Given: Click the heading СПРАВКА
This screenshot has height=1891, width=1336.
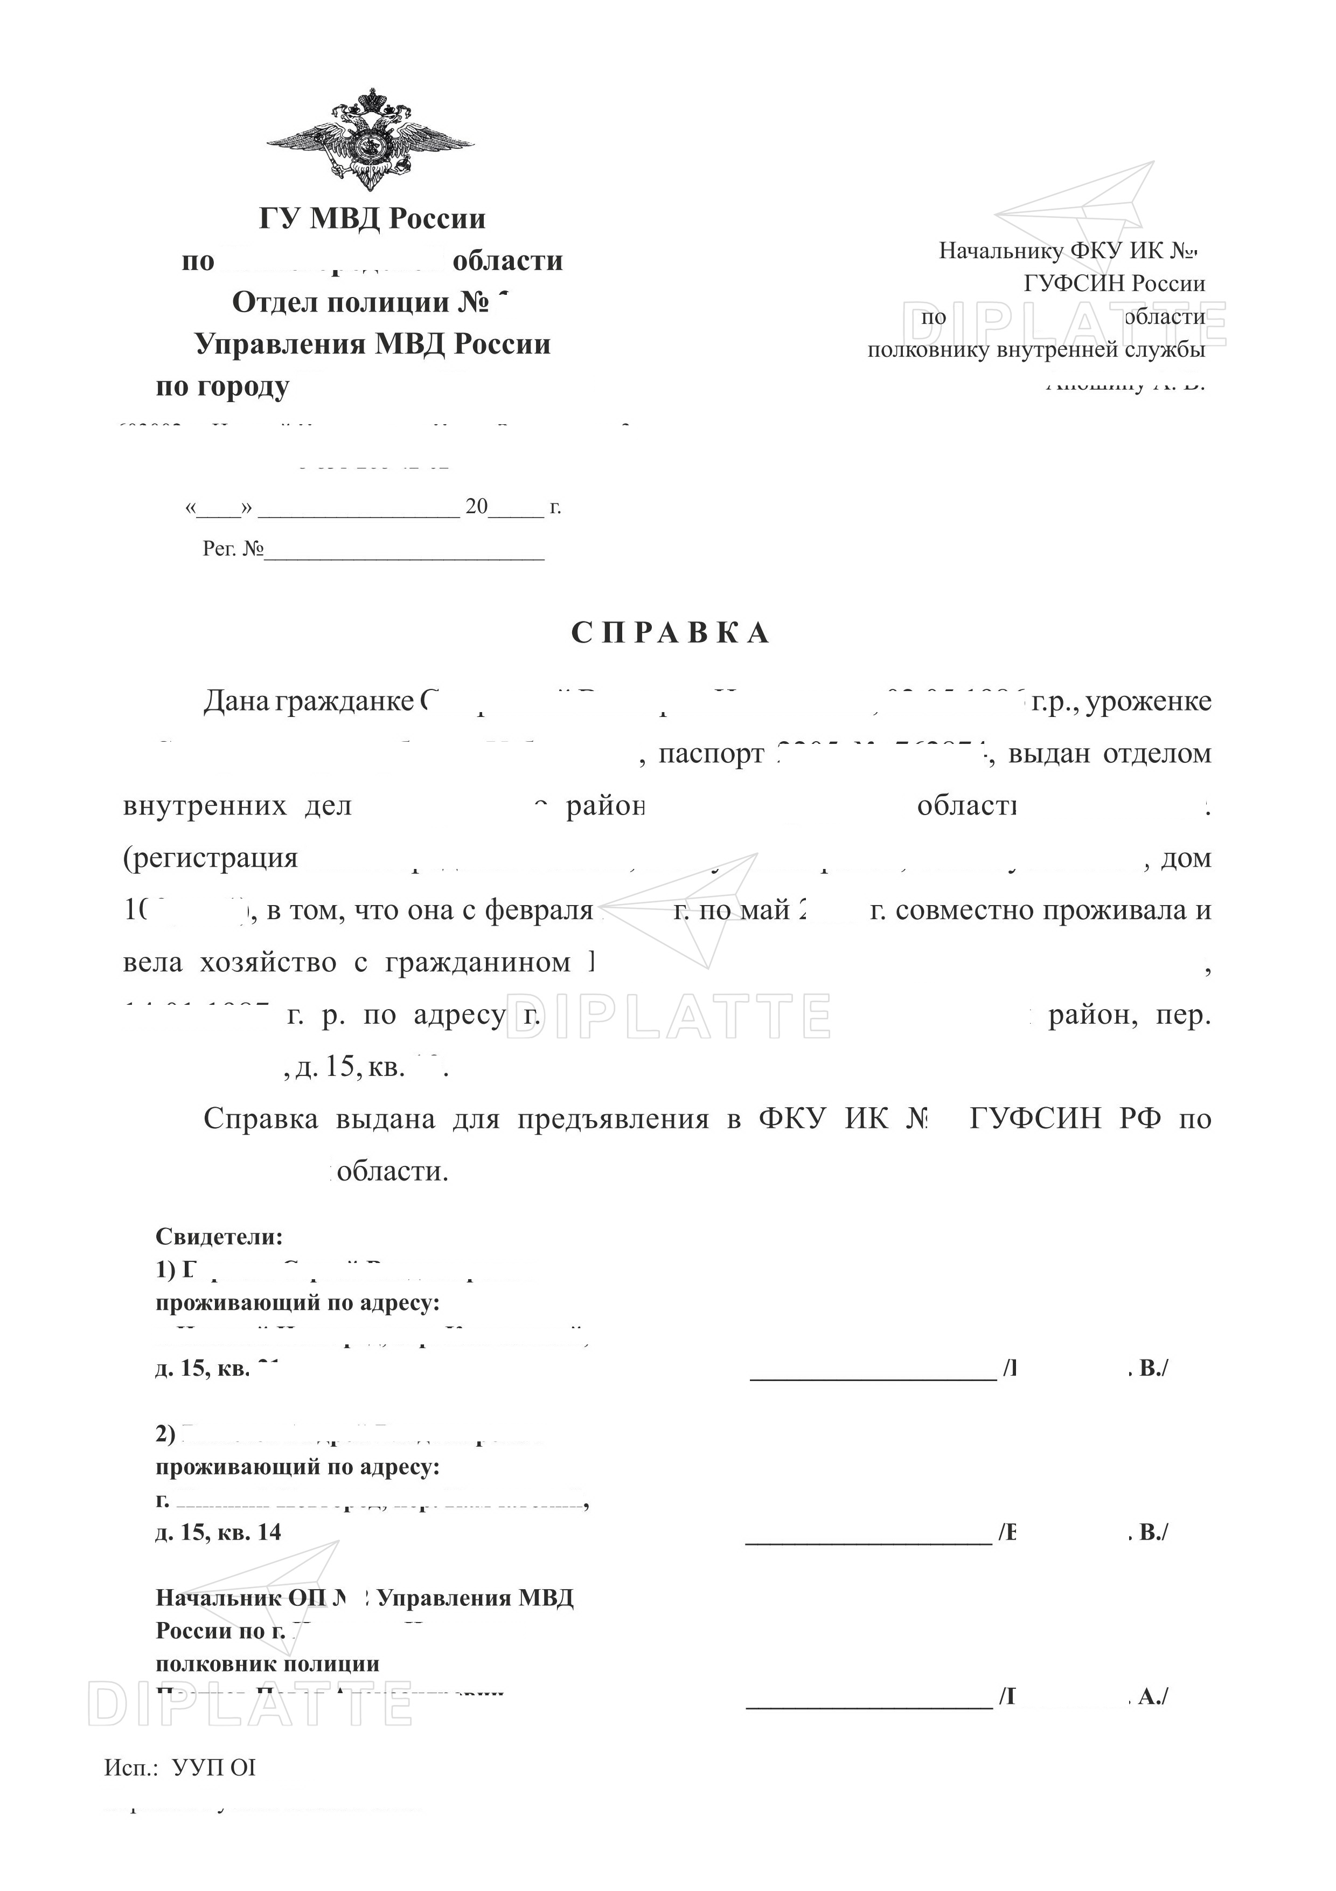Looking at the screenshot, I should click(x=671, y=632).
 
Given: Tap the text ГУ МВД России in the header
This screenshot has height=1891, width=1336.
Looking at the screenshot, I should click(x=372, y=218).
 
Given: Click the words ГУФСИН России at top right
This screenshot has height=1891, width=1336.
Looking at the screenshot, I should click(x=1114, y=284).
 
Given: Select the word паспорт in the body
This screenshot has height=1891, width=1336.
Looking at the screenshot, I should click(x=711, y=754).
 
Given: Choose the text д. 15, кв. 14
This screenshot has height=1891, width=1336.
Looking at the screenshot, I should click(x=218, y=1532).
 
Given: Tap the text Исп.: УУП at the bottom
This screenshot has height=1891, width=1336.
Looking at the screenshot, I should click(x=179, y=1768).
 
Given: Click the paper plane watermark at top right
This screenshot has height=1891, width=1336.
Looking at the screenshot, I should click(x=1078, y=202).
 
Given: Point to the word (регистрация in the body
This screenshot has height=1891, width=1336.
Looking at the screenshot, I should click(x=210, y=858).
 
